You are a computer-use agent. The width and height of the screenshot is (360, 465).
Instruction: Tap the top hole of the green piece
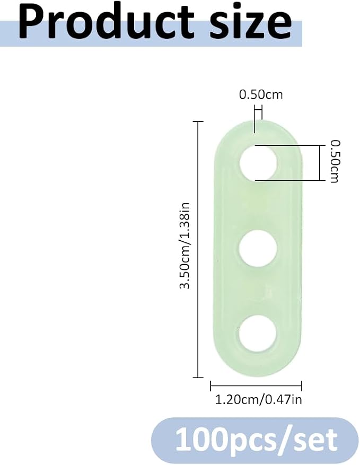258,163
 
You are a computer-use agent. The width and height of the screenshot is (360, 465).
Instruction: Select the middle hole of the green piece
258,248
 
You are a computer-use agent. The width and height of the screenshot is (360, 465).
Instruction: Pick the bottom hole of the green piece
257,332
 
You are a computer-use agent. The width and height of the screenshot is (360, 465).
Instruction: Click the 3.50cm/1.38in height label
185,245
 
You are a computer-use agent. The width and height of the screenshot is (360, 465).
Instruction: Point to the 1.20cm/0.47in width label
258,400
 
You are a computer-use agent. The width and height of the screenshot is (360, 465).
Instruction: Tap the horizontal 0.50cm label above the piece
261,94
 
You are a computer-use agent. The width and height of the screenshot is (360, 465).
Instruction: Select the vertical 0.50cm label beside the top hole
335,161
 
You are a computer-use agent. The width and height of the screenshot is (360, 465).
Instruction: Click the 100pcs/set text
257,439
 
